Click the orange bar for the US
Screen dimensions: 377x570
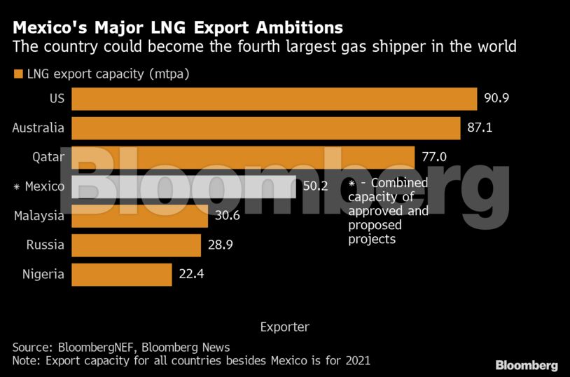pyautogui.click(x=274, y=99)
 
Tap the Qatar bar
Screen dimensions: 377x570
pyautogui.click(x=243, y=157)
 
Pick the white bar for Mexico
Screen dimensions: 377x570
pyautogui.click(x=183, y=186)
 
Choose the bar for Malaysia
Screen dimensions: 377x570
pyautogui.click(x=139, y=216)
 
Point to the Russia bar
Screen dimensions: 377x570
pyautogui.click(x=136, y=245)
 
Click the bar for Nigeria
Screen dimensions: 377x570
pyautogui.click(x=122, y=275)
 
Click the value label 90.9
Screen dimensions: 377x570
pyautogui.click(x=496, y=99)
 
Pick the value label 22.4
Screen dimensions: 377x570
pyautogui.click(x=192, y=275)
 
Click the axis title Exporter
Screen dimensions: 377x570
pyautogui.click(x=284, y=327)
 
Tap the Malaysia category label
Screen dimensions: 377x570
pyautogui.click(x=39, y=216)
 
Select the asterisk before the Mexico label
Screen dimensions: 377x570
pyautogui.click(x=17, y=187)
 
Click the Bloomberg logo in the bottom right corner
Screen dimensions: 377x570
pyautogui.click(x=527, y=365)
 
